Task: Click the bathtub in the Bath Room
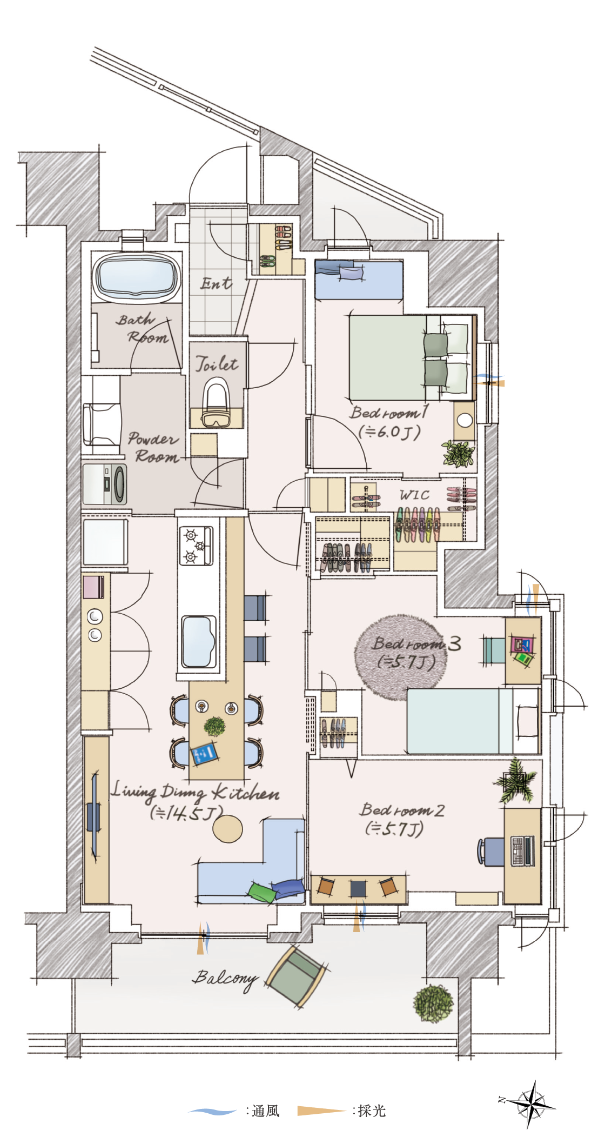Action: [137, 276]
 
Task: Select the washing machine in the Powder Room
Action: [105, 483]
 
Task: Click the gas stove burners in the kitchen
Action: [196, 546]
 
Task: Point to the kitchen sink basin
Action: [198, 641]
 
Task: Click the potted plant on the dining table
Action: [214, 726]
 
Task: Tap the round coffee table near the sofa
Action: [227, 828]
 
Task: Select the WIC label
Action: [414, 495]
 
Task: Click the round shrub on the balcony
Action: [433, 1003]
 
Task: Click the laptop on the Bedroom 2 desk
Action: [522, 850]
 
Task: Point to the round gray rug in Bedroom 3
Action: [401, 656]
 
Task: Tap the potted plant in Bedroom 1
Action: [459, 454]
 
